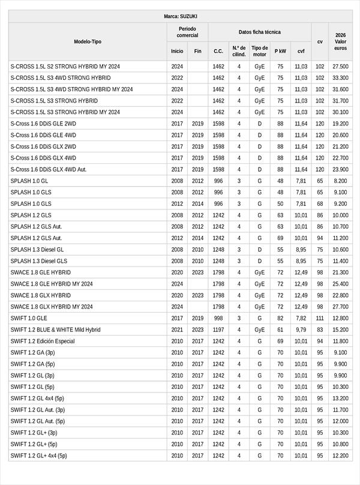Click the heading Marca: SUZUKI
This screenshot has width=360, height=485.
[180, 16]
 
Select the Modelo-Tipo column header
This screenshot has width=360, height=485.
[88, 41]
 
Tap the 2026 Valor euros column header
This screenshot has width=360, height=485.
[340, 41]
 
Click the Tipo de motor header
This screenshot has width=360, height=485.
[260, 51]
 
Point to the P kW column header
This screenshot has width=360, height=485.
[280, 52]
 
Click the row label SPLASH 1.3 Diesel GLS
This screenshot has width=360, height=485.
[39, 261]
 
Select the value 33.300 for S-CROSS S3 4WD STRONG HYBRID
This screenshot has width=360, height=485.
[340, 78]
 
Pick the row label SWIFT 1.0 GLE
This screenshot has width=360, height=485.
[29, 318]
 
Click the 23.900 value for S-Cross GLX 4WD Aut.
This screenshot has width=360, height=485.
[340, 169]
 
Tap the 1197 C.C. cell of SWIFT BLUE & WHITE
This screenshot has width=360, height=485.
[218, 330]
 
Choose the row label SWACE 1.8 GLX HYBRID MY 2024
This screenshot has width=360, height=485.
[52, 307]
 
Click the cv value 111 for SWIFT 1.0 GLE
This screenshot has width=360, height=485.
[320, 318]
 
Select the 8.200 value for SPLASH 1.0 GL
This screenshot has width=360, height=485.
[340, 181]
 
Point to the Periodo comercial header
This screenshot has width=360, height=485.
[188, 32]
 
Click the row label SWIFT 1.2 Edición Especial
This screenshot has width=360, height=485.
[43, 341]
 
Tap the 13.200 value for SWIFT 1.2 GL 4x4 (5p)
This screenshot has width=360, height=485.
[340, 398]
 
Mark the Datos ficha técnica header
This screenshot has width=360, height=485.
[260, 32]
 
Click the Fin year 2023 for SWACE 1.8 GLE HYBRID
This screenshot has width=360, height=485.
[198, 273]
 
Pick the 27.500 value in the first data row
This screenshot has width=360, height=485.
[340, 67]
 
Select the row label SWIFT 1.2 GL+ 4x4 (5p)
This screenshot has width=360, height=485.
[39, 456]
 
